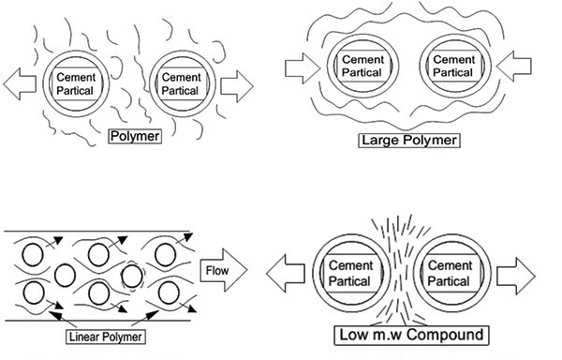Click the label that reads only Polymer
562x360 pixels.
(x=137, y=135)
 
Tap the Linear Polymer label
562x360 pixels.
(x=107, y=336)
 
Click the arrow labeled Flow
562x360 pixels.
(x=224, y=273)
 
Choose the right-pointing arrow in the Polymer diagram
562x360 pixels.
(x=237, y=85)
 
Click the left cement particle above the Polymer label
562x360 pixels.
(x=74, y=84)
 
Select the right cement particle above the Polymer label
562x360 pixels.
(x=180, y=84)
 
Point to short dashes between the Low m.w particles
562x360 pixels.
(x=401, y=272)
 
